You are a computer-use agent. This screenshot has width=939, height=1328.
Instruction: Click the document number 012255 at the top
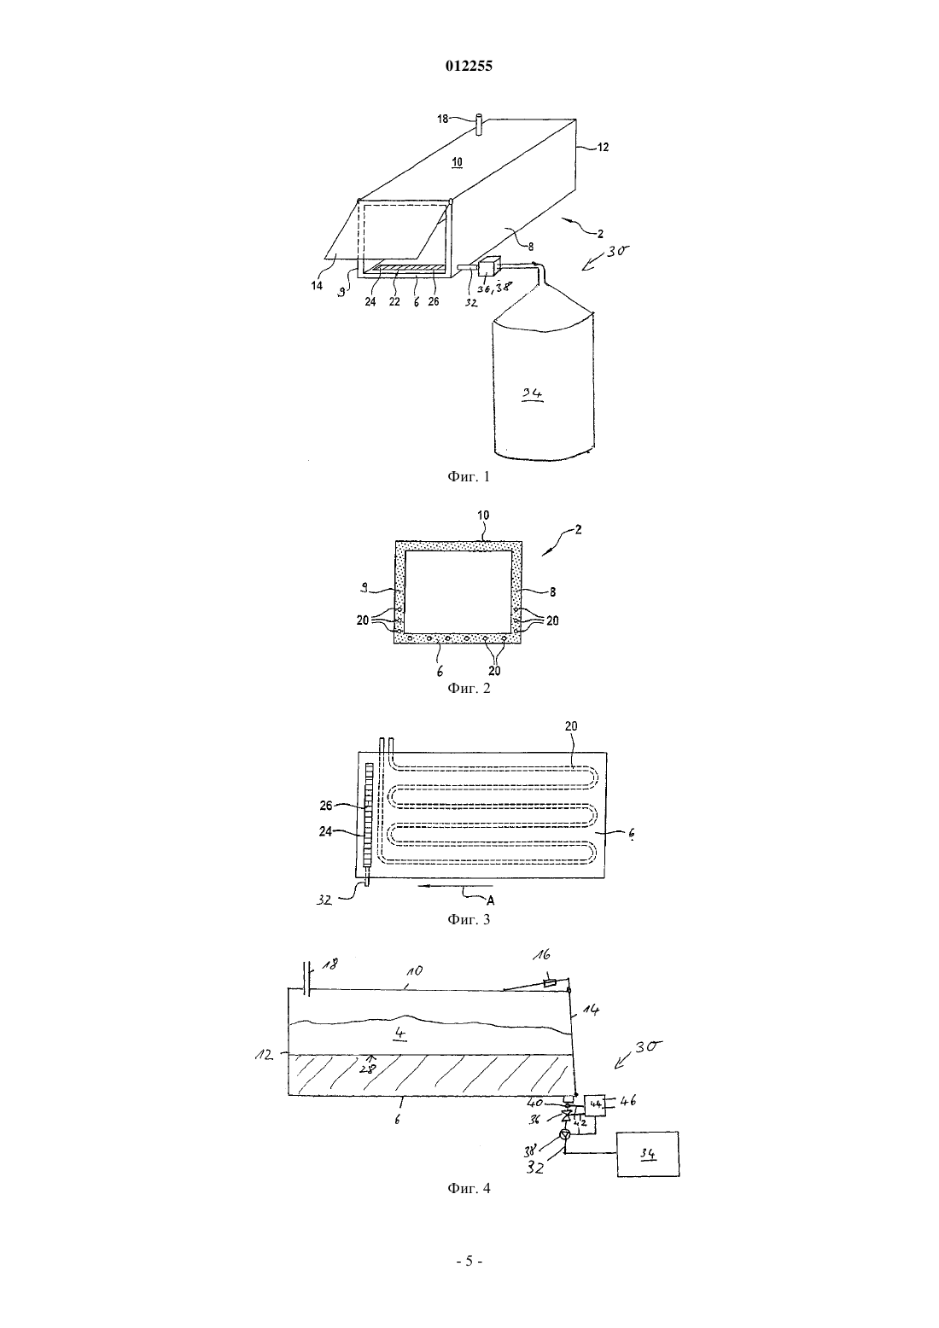click(x=469, y=66)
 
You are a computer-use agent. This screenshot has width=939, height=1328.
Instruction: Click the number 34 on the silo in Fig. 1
click(x=532, y=393)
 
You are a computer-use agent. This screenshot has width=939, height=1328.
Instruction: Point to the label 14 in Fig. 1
click(x=317, y=285)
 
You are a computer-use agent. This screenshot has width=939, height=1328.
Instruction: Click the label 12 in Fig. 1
click(x=603, y=147)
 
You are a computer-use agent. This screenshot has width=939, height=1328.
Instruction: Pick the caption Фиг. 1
click(x=469, y=476)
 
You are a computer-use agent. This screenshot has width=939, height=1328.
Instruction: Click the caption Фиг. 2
click(x=469, y=688)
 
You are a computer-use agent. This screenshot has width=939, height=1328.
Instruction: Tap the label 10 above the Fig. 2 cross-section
click(x=483, y=515)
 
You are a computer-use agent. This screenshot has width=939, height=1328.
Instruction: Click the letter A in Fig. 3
click(x=490, y=900)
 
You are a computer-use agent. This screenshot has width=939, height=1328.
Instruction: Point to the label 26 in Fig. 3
click(x=326, y=806)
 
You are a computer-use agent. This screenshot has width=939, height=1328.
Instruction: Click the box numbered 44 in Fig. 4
click(x=595, y=1104)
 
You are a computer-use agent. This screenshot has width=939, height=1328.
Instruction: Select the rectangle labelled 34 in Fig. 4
click(x=648, y=1154)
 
